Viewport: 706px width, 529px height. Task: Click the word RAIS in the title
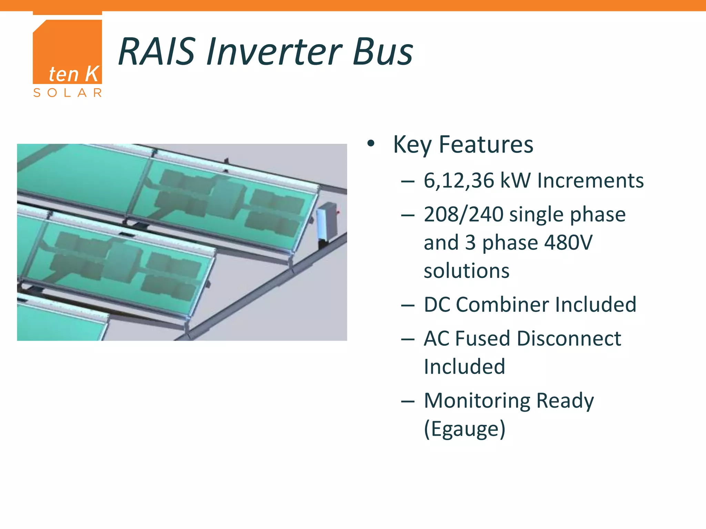[x=157, y=52]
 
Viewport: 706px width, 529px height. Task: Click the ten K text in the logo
[x=73, y=74]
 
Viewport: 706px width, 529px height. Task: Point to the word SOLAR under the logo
[x=68, y=93]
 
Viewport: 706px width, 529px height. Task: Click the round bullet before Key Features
[x=371, y=144]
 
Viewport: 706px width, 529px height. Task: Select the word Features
[x=486, y=145]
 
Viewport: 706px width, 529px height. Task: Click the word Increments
[x=590, y=180]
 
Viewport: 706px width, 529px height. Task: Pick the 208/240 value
[x=464, y=214]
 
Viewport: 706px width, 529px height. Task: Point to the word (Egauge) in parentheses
[x=464, y=429]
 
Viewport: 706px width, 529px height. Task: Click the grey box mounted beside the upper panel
[x=327, y=220]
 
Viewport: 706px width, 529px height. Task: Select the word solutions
[x=466, y=271]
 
